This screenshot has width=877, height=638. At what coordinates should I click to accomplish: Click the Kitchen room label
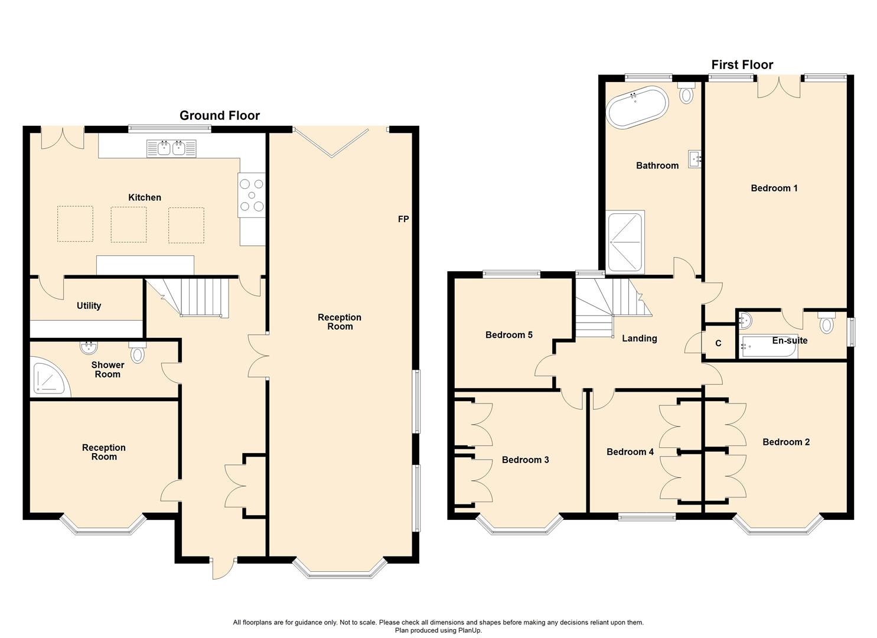(145, 197)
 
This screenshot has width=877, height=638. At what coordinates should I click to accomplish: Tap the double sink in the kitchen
(171, 148)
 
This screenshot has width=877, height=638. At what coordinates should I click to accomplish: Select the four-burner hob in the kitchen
(252, 195)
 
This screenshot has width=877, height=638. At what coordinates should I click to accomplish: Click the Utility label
(89, 305)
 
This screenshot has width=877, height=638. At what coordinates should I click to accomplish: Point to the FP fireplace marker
(403, 219)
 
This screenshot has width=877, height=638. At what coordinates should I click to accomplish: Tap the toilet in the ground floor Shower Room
(138, 352)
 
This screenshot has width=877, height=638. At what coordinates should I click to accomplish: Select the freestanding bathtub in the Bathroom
(637, 107)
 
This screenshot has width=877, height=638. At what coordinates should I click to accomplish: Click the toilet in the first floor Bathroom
(686, 92)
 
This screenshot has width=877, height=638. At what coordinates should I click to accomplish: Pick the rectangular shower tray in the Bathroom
(625, 242)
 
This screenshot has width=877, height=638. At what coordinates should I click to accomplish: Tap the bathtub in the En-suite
(768, 346)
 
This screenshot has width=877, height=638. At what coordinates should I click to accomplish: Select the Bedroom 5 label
(508, 335)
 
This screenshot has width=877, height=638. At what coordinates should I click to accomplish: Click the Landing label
(640, 338)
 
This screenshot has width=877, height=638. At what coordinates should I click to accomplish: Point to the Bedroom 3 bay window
(520, 525)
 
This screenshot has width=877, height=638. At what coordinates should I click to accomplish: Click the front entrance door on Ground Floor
(224, 568)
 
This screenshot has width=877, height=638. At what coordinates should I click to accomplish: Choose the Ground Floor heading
(220, 116)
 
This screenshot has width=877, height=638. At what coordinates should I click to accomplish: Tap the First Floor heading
(742, 64)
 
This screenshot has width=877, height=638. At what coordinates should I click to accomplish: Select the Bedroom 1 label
(774, 188)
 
